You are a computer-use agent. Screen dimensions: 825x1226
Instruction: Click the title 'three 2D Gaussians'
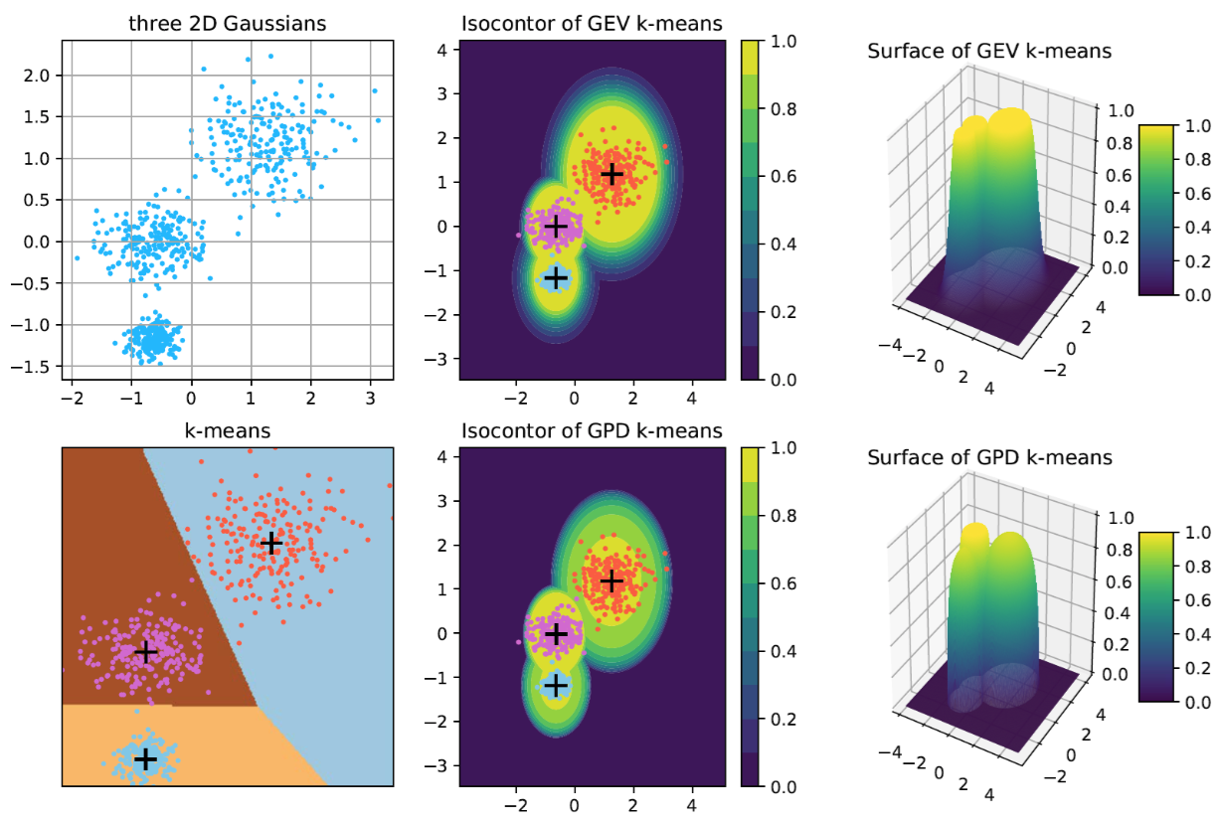(x=227, y=25)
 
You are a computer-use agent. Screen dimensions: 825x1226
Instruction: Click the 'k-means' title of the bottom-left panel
(x=227, y=431)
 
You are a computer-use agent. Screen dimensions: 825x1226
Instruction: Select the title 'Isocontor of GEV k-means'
(x=592, y=25)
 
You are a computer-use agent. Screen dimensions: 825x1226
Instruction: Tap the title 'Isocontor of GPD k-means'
(x=592, y=431)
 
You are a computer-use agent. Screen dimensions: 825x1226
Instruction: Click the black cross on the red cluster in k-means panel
(x=270, y=543)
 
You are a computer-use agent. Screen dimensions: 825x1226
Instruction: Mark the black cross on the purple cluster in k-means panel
(x=146, y=652)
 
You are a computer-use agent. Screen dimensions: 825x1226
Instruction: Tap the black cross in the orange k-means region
(x=145, y=758)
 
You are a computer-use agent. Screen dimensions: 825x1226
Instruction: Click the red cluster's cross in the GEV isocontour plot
(x=612, y=174)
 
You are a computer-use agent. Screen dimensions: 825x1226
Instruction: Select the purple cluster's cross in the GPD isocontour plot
(x=556, y=633)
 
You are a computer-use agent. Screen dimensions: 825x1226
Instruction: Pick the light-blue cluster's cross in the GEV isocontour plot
(x=556, y=277)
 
